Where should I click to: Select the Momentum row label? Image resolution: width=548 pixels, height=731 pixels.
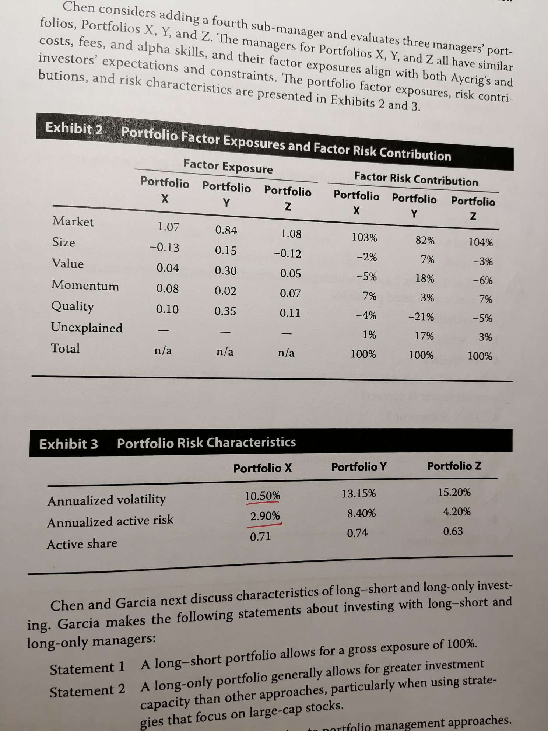(x=85, y=285)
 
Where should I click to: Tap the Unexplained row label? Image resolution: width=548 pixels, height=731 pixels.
(x=87, y=328)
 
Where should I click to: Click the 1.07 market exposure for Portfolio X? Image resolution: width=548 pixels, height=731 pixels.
(x=168, y=227)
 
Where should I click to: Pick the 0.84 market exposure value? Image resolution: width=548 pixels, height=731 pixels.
(x=226, y=230)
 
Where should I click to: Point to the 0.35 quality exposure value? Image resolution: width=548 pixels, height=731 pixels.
(x=225, y=311)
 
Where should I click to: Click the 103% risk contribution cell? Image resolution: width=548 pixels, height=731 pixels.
(x=364, y=238)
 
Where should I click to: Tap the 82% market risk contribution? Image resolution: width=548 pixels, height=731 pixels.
(x=425, y=240)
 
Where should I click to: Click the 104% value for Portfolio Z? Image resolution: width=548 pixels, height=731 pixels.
(x=480, y=242)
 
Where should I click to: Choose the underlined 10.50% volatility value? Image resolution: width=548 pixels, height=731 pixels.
(x=263, y=496)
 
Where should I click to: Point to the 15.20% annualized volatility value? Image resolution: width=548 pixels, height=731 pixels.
(x=454, y=492)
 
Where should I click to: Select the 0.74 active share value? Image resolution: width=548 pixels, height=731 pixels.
(x=357, y=533)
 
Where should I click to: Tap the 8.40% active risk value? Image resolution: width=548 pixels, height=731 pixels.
(x=361, y=513)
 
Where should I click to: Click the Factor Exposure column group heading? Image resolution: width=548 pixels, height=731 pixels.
(x=228, y=167)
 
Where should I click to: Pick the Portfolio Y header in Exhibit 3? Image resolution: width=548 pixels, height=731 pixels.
(x=359, y=467)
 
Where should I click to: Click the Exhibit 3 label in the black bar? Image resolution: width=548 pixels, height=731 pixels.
(x=69, y=444)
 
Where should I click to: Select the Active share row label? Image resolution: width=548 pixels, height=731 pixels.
(x=82, y=544)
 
